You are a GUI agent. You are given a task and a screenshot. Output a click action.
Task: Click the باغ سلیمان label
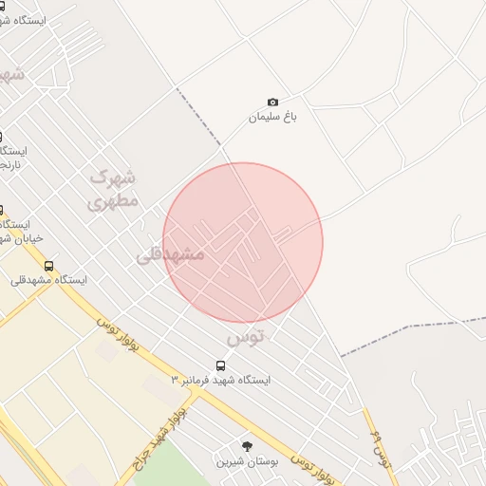pos(273,117)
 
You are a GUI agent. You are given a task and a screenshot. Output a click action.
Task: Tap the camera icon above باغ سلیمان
pos(273,102)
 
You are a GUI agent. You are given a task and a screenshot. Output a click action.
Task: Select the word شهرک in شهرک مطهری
pos(114,177)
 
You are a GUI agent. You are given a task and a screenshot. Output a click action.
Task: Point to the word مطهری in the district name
pos(114,200)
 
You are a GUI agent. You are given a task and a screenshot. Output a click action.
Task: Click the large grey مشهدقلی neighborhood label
pos(170,254)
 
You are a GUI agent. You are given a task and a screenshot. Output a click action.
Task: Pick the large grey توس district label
pos(246,337)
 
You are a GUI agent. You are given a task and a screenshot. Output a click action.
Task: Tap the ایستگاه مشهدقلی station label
pos(48,280)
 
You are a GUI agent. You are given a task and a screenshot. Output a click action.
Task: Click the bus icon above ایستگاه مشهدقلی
pos(48,266)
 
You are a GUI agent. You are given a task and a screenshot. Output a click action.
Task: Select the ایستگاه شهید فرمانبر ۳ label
pos(220,380)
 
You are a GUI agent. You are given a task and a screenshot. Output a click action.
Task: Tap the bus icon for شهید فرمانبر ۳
pos(221,365)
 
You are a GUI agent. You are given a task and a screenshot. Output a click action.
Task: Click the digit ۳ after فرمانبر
pos(175,380)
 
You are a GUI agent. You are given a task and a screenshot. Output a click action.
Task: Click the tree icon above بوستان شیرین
pos(248,446)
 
